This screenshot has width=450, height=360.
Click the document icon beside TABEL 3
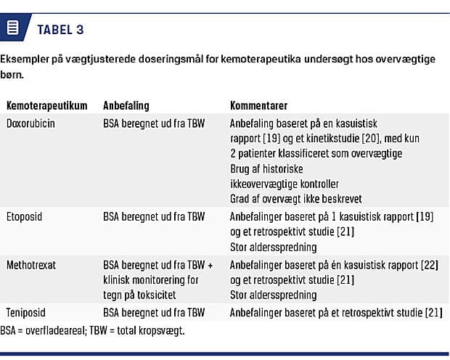click(12, 28)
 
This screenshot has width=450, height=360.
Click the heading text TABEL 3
click(60, 30)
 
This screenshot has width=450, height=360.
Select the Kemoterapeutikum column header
click(46, 105)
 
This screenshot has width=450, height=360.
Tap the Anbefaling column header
click(127, 105)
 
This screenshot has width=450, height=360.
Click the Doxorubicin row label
click(30, 123)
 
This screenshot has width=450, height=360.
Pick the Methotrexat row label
click(31, 266)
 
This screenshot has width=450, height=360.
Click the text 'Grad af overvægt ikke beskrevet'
click(295, 198)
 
